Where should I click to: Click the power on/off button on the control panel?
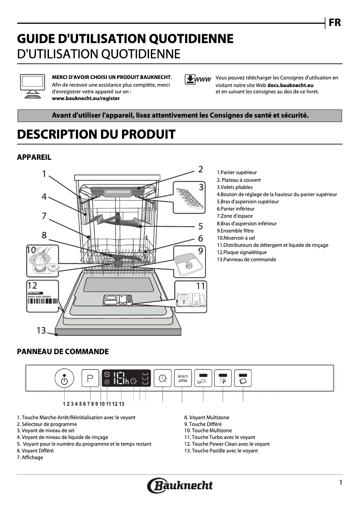(64, 379)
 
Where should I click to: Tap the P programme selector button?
(90, 378)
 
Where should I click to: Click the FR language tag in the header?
(334, 23)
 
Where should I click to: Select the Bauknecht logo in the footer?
(180, 485)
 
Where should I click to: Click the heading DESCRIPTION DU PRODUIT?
(96, 134)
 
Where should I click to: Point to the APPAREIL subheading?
(34, 157)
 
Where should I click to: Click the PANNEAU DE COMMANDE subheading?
(62, 351)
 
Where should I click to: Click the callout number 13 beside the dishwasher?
(41, 330)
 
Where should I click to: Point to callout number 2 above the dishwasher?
(201, 169)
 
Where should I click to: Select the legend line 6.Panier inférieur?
(236, 209)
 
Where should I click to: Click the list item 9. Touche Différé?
(203, 424)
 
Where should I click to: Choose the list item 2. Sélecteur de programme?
(47, 424)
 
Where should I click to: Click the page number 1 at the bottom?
(341, 483)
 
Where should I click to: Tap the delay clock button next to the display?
(162, 378)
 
